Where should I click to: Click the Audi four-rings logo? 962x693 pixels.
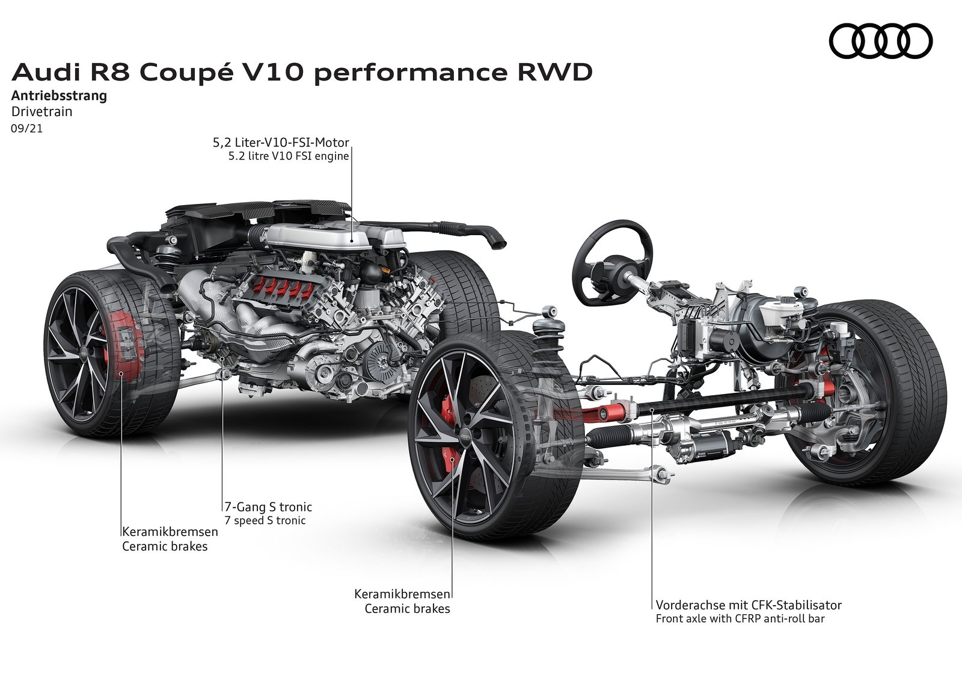click(x=880, y=42)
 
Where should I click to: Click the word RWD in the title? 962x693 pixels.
click(x=555, y=72)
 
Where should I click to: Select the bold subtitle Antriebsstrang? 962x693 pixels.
click(x=60, y=96)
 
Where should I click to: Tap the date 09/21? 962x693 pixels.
click(x=27, y=129)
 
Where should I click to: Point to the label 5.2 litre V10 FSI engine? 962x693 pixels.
click(x=289, y=156)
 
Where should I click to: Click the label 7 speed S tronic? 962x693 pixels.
click(x=265, y=520)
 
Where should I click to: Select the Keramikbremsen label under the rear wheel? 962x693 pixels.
click(x=170, y=532)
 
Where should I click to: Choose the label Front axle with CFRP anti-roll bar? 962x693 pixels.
click(x=740, y=618)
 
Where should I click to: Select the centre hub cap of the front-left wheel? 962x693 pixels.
click(x=465, y=437)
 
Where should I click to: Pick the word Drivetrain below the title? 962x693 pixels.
click(x=41, y=112)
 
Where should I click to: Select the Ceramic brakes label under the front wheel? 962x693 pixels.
click(x=407, y=609)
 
